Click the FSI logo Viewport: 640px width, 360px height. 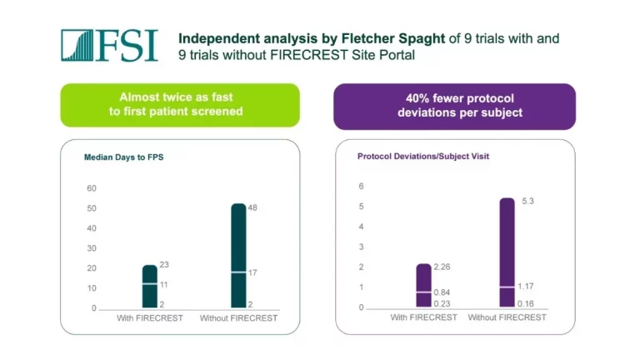pos(108,46)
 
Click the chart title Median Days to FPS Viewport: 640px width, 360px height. pos(123,157)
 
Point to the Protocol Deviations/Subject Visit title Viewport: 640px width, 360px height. pos(416,157)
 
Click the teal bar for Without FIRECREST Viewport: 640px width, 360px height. pos(238,256)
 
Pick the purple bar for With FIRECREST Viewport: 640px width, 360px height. pos(423,286)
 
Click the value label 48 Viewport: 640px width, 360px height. pos(252,207)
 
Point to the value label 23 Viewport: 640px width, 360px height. pos(163,265)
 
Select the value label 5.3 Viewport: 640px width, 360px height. pos(527,201)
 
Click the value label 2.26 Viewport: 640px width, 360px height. pos(442,266)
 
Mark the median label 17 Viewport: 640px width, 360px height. pos(252,272)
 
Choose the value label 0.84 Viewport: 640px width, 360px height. pos(442,292)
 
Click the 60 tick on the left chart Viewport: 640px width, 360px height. pos(91,188)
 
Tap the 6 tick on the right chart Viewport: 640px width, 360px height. pos(362,186)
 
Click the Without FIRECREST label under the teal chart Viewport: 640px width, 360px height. pos(238,318)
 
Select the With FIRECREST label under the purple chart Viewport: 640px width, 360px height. pos(423,317)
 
